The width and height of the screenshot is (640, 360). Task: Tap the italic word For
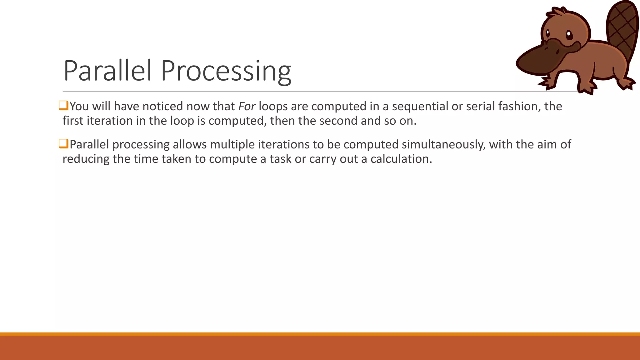pos(247,107)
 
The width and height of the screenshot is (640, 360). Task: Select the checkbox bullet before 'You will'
pos(63,106)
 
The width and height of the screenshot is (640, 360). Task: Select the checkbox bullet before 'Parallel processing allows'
pos(63,144)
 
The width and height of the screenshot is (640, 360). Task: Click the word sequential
pos(420,107)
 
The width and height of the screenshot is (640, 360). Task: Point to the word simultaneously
pos(443,145)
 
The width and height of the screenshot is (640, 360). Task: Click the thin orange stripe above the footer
pos(320,334)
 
